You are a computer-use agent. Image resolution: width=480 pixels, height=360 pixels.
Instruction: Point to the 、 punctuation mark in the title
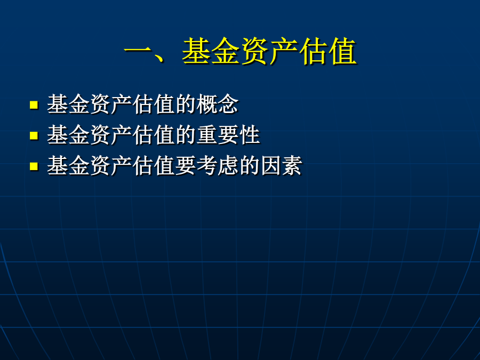(x=159, y=57)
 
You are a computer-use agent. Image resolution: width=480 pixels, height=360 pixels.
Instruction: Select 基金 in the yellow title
(x=211, y=51)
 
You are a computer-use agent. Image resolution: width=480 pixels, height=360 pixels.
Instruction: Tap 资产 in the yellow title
(x=269, y=51)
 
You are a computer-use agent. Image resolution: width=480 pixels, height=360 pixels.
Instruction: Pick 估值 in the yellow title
(x=327, y=51)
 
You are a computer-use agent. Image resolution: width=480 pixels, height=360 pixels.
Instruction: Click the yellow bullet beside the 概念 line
(x=34, y=105)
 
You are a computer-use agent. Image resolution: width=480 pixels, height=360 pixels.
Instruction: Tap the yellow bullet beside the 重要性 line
(x=34, y=135)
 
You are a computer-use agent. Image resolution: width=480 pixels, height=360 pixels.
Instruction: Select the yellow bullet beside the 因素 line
(x=34, y=166)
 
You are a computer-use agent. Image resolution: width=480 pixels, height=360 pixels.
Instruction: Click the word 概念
(x=218, y=104)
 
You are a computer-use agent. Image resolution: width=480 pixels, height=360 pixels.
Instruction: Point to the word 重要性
(x=228, y=135)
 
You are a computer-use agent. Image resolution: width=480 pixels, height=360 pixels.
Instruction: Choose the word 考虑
(x=218, y=165)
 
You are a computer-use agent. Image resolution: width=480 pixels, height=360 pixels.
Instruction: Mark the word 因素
(x=281, y=165)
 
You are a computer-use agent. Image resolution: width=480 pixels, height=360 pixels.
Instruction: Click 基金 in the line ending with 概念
(x=68, y=104)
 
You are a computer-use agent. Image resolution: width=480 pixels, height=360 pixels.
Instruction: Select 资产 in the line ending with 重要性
(x=110, y=135)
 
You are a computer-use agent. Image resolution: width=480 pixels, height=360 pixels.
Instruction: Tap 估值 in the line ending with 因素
(x=154, y=165)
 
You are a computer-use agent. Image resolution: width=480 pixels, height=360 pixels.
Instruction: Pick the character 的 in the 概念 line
(x=186, y=104)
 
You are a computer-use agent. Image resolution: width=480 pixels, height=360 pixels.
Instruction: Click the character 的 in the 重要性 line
(x=186, y=135)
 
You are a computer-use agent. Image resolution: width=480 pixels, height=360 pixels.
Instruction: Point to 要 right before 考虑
(x=186, y=165)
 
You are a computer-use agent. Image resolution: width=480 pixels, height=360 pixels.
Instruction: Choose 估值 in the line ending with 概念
(x=154, y=104)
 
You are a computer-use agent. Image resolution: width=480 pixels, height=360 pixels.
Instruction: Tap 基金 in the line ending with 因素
(x=68, y=165)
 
